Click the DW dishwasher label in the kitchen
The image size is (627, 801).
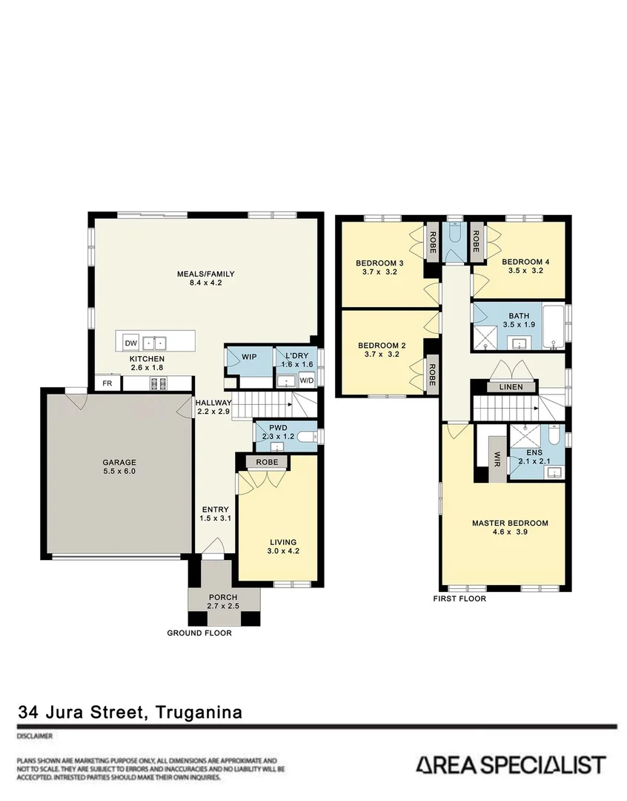coord(131,343)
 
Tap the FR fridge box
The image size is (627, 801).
coord(108,383)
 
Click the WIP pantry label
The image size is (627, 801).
coord(249,357)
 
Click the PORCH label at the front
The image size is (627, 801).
coord(222,598)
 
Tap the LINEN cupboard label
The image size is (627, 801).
coord(511,387)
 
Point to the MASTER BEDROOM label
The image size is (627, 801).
coord(510,523)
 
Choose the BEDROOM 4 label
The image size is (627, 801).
coord(525,263)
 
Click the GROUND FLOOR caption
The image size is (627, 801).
coord(199,633)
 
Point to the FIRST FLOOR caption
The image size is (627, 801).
coord(460,599)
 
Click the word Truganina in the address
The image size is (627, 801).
coord(199,713)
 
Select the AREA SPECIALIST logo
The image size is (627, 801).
coord(510,765)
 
